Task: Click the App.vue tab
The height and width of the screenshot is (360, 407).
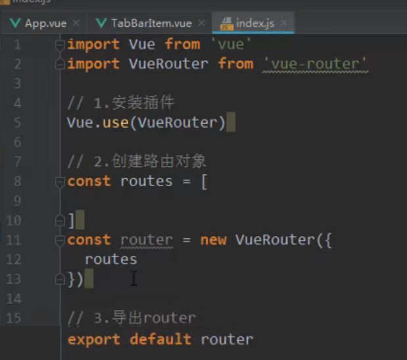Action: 45,23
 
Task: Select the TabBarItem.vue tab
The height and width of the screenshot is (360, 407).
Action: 151,23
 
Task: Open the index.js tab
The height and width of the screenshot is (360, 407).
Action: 254,23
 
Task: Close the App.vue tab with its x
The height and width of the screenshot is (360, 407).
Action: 76,23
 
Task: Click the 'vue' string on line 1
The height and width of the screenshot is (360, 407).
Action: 226,44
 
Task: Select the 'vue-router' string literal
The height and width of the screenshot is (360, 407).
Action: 314,64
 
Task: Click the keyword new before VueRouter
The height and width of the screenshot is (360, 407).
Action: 213,240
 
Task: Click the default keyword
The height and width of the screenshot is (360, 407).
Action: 160,340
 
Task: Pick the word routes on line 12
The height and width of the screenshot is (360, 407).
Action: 110,259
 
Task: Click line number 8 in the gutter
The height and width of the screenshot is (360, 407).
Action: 17,181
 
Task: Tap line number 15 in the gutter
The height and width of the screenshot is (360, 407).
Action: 14,319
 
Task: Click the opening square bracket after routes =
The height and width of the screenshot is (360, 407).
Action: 204,182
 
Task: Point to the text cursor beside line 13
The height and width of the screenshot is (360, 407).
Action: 133,279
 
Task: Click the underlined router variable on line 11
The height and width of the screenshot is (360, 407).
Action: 146,240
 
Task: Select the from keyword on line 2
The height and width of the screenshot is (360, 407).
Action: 235,64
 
